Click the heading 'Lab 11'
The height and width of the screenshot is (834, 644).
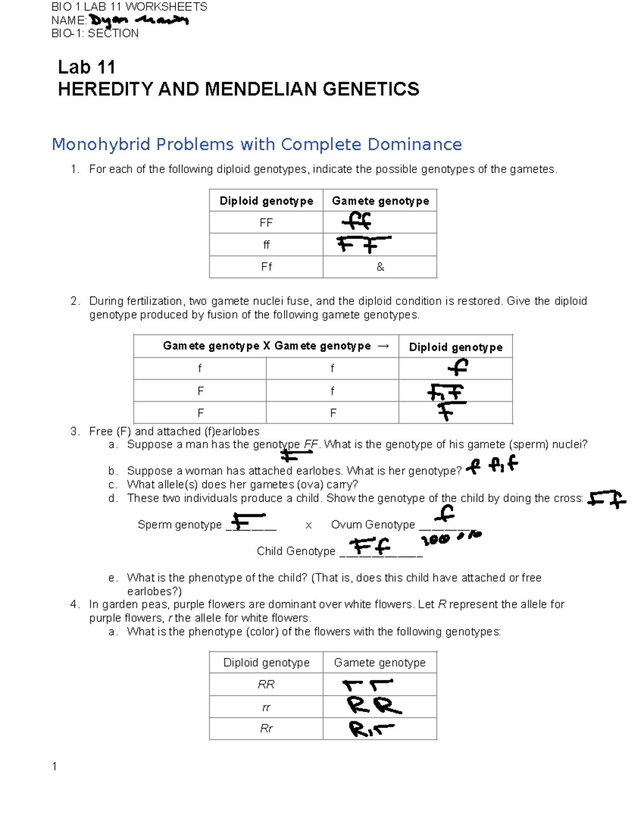pyautogui.click(x=86, y=67)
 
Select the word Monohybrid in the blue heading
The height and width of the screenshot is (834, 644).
pyautogui.click(x=101, y=144)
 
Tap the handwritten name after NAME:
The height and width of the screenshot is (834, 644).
pyautogui.click(x=138, y=21)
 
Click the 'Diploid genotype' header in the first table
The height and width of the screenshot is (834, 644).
pyautogui.click(x=266, y=201)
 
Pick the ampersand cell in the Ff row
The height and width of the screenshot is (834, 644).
pyautogui.click(x=380, y=267)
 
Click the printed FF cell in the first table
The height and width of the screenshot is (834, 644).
pyautogui.click(x=266, y=223)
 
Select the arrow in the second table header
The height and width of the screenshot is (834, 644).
pyautogui.click(x=383, y=346)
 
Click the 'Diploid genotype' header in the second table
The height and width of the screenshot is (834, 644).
pyautogui.click(x=456, y=347)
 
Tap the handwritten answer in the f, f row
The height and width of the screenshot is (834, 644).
pyautogui.click(x=458, y=367)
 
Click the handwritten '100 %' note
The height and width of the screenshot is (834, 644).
pyautogui.click(x=451, y=538)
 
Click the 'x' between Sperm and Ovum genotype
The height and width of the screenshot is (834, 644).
pyautogui.click(x=309, y=525)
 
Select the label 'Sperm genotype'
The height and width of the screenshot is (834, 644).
pyautogui.click(x=179, y=525)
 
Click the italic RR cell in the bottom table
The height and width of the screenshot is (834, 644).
pyautogui.click(x=266, y=685)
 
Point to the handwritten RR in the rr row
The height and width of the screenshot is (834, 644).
pyautogui.click(x=374, y=706)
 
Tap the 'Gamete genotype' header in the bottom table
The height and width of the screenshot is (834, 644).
pyautogui.click(x=379, y=663)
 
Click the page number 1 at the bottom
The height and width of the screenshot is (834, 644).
pyautogui.click(x=54, y=766)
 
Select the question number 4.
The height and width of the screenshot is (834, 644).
pyautogui.click(x=74, y=605)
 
